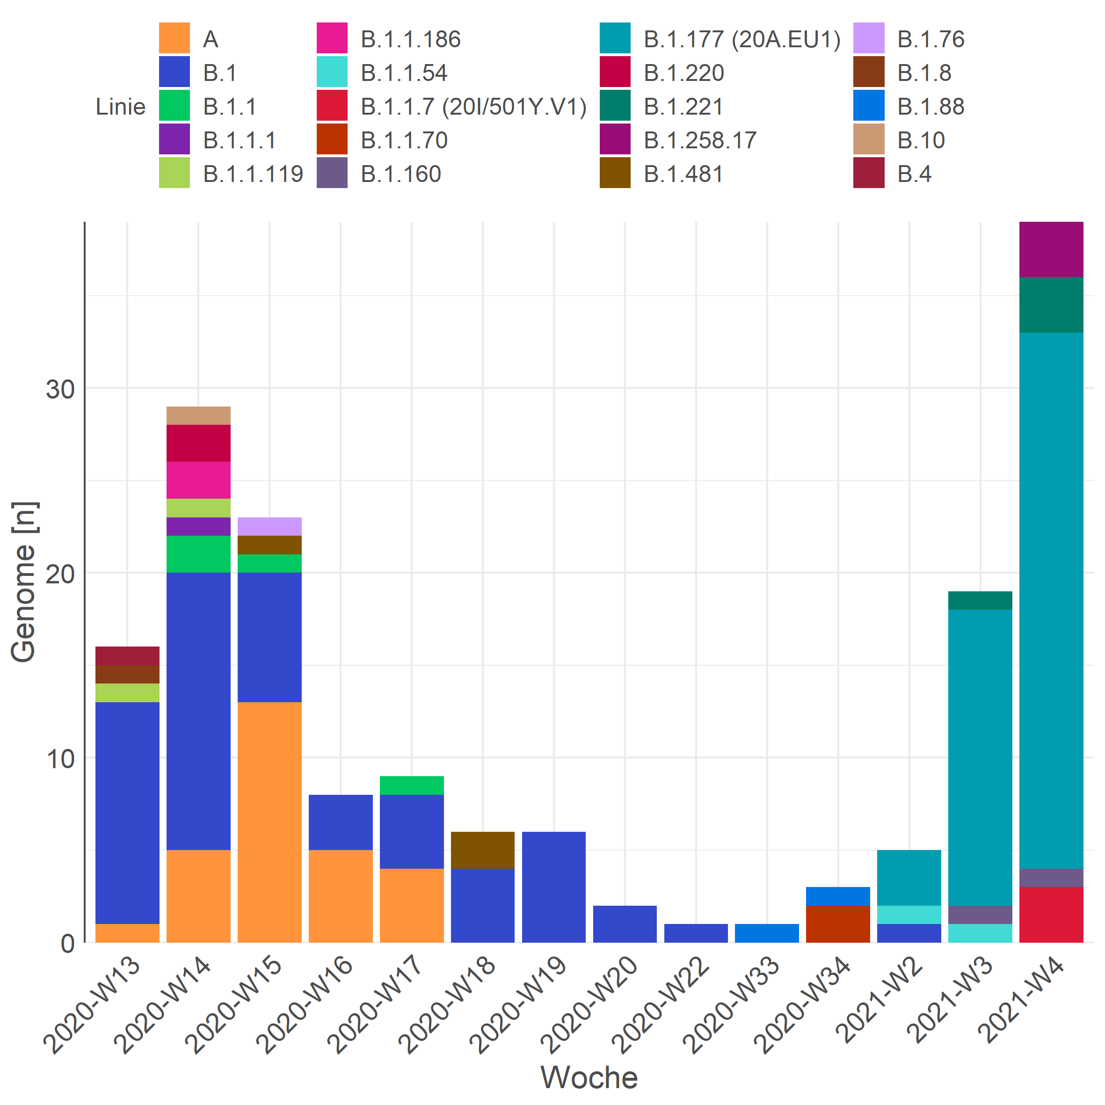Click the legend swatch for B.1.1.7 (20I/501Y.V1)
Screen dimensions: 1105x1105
tap(332, 106)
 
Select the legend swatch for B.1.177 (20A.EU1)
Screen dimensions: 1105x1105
tap(615, 38)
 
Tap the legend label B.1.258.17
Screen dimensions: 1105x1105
tap(700, 140)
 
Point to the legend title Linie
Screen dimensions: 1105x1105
tap(120, 107)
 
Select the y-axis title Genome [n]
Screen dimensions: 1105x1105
tap(24, 582)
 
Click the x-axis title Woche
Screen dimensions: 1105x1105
tap(589, 1077)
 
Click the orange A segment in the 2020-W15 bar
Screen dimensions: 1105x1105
tap(269, 822)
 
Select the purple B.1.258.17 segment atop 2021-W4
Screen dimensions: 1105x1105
tap(1051, 249)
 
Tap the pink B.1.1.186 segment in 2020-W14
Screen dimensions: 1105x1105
tap(198, 480)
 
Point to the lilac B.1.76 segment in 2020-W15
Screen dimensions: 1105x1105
tap(269, 526)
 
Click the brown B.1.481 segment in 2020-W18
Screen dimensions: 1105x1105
tap(482, 850)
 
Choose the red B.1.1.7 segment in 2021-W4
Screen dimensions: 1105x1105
tap(1051, 915)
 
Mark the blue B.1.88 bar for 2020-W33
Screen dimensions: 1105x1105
tap(766, 933)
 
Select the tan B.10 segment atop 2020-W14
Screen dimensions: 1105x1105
tap(198, 416)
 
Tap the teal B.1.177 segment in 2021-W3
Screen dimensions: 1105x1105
tap(980, 757)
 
